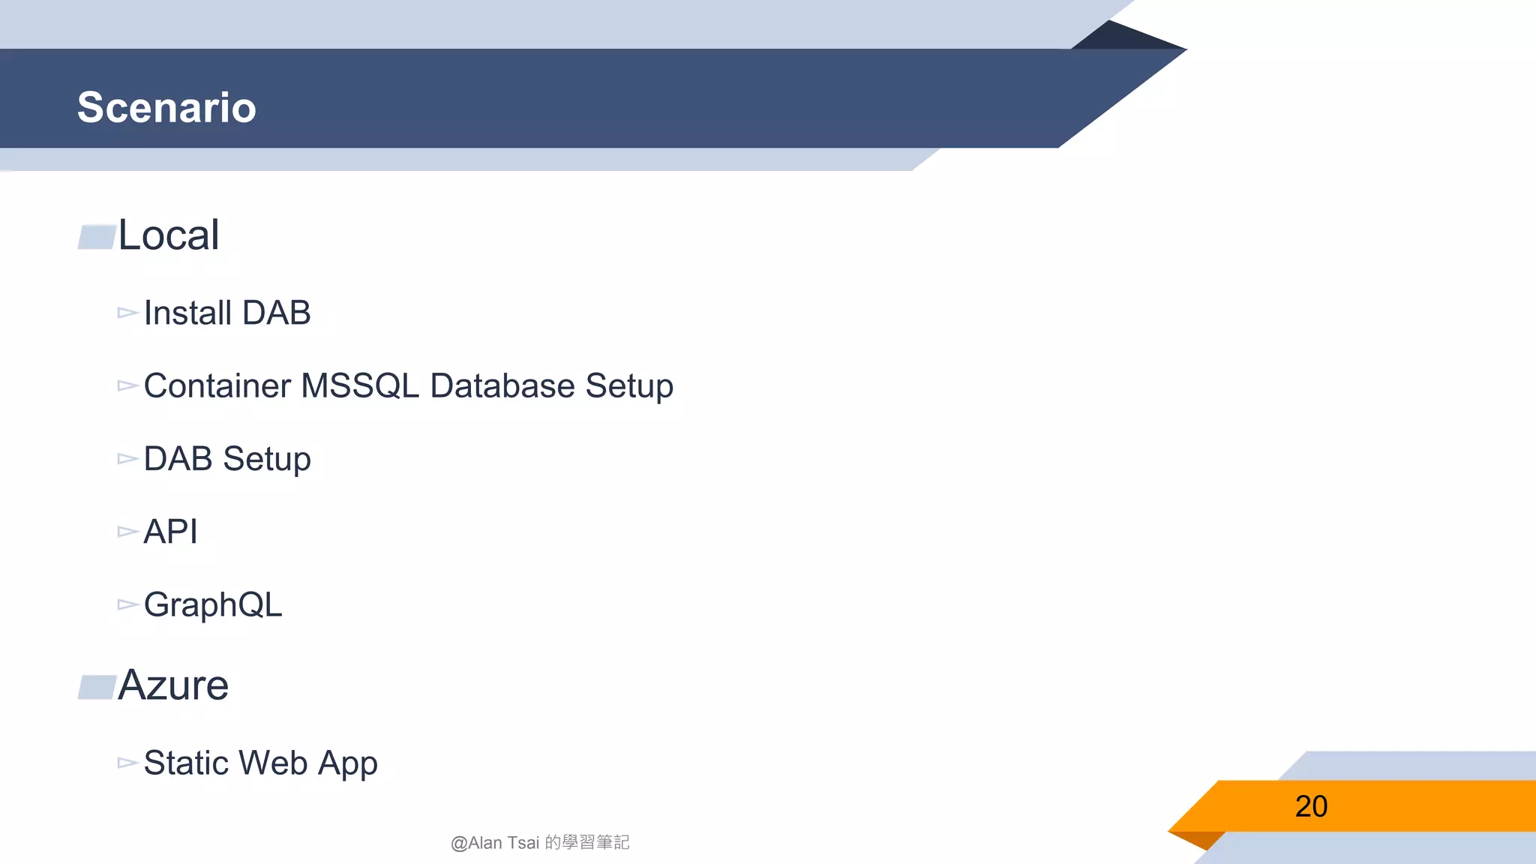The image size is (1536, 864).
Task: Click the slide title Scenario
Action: pyautogui.click(x=166, y=107)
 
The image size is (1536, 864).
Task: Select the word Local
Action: pyautogui.click(x=169, y=235)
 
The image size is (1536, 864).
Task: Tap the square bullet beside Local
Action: pyautogui.click(x=97, y=237)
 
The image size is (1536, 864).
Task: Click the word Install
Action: pyautogui.click(x=187, y=313)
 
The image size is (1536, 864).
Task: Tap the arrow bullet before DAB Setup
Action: pyautogui.click(x=127, y=459)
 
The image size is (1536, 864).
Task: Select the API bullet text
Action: pyautogui.click(x=170, y=532)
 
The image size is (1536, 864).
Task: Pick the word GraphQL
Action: pyautogui.click(x=213, y=605)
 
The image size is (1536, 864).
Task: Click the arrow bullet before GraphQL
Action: pyautogui.click(x=127, y=604)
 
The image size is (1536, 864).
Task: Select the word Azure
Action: pyautogui.click(x=173, y=685)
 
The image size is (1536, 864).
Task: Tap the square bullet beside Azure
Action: pyautogui.click(x=97, y=687)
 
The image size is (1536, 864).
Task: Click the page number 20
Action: pyautogui.click(x=1311, y=806)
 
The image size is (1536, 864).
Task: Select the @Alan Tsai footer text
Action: pyautogui.click(x=540, y=843)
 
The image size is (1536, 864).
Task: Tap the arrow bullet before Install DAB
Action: pyautogui.click(x=127, y=313)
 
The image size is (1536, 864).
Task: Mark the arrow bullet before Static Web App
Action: pyautogui.click(x=127, y=763)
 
